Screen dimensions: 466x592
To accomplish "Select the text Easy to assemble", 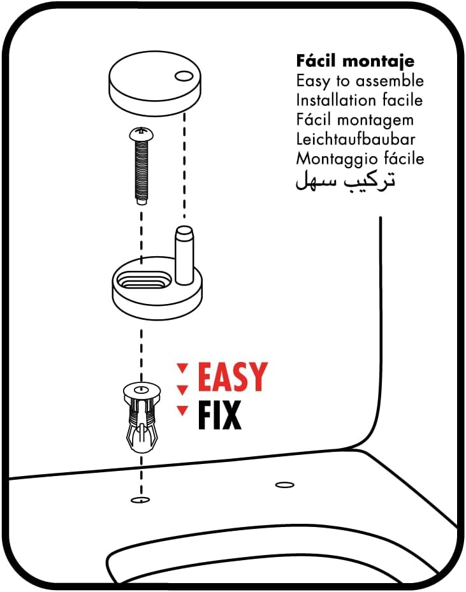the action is (x=360, y=81).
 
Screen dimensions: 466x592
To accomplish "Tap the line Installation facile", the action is (x=359, y=100).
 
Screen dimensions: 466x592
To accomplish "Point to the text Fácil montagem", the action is (x=354, y=120).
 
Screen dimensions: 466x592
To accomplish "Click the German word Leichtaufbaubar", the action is (x=355, y=139).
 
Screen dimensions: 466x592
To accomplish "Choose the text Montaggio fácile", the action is (x=360, y=159).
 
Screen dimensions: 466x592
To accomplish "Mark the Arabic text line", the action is (x=345, y=180).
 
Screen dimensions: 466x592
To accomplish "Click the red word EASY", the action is (x=233, y=377).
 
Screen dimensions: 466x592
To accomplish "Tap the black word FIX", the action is (x=219, y=415).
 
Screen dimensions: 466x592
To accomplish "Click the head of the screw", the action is (x=142, y=133).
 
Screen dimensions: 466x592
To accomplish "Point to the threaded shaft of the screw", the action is (x=142, y=172).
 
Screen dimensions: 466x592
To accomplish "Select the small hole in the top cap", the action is (x=184, y=76).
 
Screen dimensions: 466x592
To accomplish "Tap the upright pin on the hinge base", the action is (x=184, y=255).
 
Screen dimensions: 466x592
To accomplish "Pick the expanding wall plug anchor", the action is (x=142, y=417).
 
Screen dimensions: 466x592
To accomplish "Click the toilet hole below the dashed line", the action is (x=140, y=500).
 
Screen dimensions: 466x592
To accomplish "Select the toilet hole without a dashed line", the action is (x=285, y=485).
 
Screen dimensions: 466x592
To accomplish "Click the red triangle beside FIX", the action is (x=183, y=410).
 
